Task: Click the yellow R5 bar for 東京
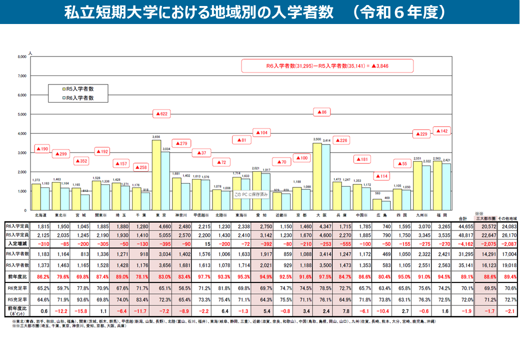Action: coord(157,175)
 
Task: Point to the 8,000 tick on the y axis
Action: coord(21,57)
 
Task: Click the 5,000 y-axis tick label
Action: coord(21,114)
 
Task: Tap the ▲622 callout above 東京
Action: coord(161,114)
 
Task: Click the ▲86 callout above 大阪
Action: coord(322,112)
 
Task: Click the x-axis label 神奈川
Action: coord(181,214)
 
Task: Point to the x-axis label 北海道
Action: coord(41,214)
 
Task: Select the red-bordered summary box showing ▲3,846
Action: coord(327,66)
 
